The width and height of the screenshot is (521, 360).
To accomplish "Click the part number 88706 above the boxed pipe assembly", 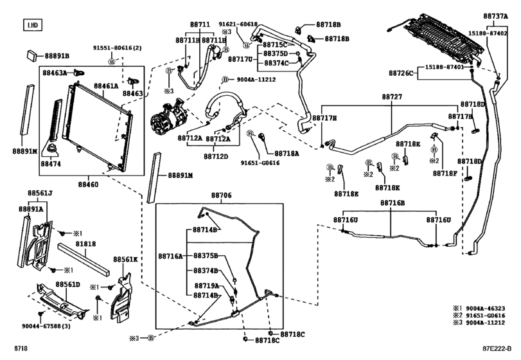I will (x=222, y=194).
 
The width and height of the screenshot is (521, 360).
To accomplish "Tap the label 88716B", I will (x=393, y=203).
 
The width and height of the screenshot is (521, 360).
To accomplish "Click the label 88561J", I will (x=40, y=193).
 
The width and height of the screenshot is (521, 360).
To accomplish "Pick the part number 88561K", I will (x=126, y=260).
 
